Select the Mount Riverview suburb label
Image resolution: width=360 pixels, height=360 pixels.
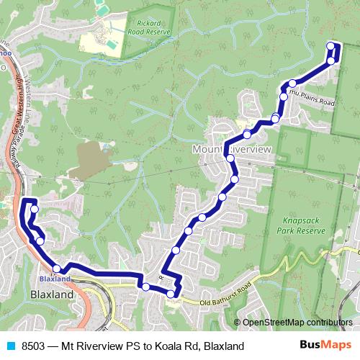[231, 148]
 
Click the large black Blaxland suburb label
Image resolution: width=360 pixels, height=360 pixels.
[53, 295]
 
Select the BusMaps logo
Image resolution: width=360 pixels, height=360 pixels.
[325, 346]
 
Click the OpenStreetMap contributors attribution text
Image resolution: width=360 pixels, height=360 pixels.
[297, 322]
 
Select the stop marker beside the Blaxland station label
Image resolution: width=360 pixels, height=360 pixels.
[57, 267]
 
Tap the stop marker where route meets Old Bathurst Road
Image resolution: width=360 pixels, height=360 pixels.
[171, 293]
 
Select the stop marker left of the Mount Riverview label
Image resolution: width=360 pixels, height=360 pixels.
[230, 158]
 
